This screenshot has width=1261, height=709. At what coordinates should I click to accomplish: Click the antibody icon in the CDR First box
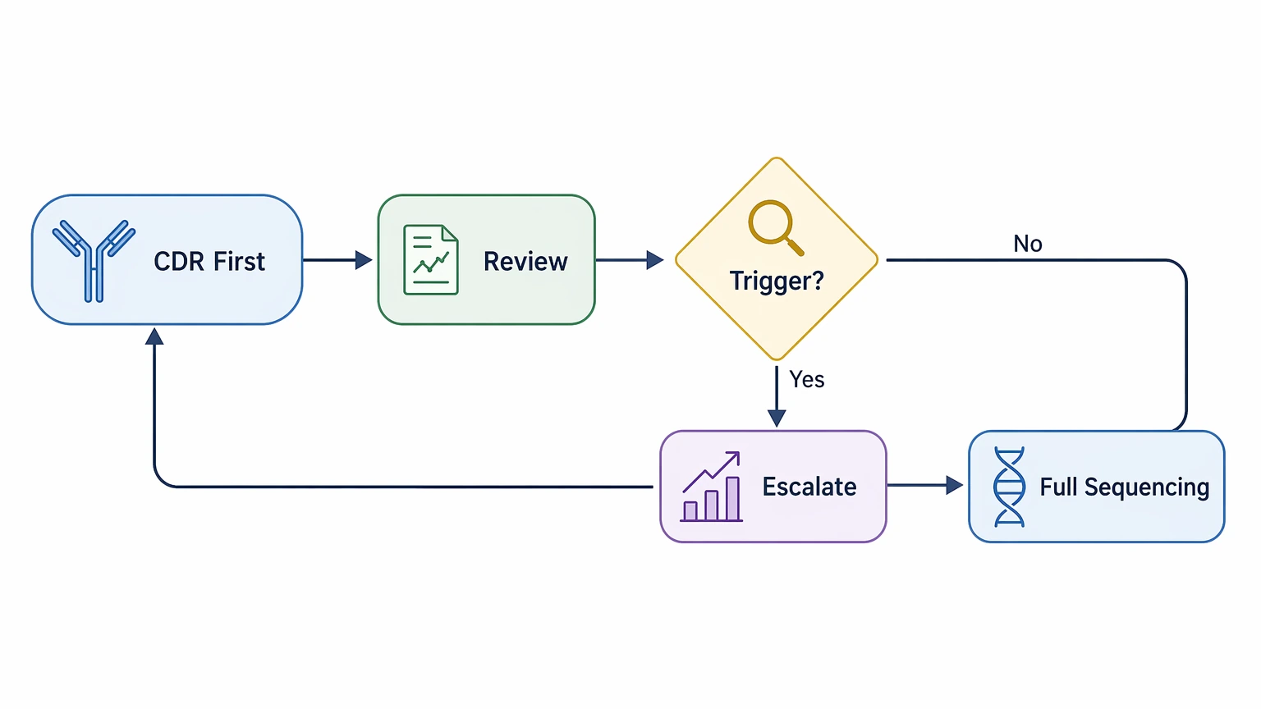tap(94, 260)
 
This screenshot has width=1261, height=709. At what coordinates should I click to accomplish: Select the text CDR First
tap(209, 262)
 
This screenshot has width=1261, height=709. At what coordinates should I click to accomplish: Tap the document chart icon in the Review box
tap(431, 259)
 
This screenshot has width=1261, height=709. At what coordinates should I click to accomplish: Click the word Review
tap(525, 262)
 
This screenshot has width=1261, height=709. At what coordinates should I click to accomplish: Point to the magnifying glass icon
tap(776, 228)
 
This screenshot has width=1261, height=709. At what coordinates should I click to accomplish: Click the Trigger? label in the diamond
tap(777, 281)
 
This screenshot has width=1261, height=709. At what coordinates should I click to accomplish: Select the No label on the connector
tap(1027, 244)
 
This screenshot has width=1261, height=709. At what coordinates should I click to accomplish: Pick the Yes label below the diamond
tap(807, 379)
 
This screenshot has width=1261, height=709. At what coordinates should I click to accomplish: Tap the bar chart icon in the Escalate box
tap(712, 486)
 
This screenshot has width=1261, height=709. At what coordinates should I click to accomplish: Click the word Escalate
tap(809, 487)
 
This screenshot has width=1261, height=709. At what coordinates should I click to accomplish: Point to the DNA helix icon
tap(1009, 487)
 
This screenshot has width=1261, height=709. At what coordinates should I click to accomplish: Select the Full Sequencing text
tap(1124, 487)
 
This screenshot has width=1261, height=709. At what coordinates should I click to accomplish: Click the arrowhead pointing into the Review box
tap(364, 260)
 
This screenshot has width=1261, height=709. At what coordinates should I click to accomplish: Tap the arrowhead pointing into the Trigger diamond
tap(654, 260)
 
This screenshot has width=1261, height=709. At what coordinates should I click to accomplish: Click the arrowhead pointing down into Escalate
tap(777, 418)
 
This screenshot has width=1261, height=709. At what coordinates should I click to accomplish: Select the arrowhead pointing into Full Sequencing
tap(954, 485)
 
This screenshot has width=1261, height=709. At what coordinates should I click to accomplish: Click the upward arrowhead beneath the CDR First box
tap(154, 336)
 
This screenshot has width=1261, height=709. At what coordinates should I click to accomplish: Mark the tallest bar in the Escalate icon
tap(732, 499)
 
